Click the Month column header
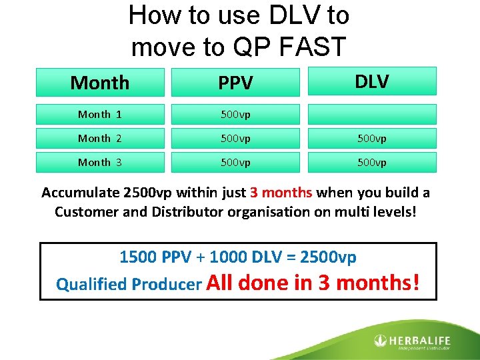[99, 83]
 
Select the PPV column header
[235, 83]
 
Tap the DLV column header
[371, 81]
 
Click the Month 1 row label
[99, 114]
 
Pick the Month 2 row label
[99, 138]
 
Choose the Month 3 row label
[99, 162]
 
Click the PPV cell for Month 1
[235, 114]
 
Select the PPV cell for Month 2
[235, 138]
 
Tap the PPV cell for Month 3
[235, 162]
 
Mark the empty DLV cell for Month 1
[371, 114]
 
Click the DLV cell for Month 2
[371, 138]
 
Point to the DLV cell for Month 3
[371, 162]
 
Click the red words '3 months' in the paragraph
[281, 193]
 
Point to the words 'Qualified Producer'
[129, 285]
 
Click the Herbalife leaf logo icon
[380, 341]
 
